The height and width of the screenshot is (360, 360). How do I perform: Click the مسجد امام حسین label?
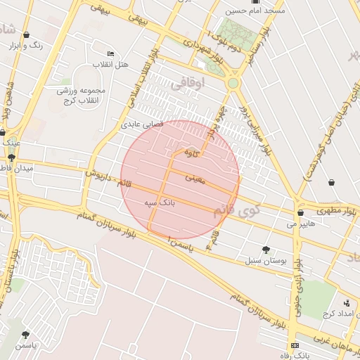(x=255, y=11)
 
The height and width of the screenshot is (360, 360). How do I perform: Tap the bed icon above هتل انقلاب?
(x=110, y=53)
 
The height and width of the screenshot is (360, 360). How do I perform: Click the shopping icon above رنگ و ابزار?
(x=26, y=34)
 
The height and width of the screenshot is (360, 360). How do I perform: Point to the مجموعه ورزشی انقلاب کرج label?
(x=81, y=96)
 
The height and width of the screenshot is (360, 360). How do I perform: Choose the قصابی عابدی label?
(x=143, y=124)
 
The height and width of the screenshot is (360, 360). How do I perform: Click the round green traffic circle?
(x=233, y=83)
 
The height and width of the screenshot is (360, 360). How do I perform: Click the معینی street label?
(x=195, y=179)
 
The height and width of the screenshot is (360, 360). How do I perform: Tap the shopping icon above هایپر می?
(x=300, y=213)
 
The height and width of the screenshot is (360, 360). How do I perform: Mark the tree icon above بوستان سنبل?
(x=266, y=250)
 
